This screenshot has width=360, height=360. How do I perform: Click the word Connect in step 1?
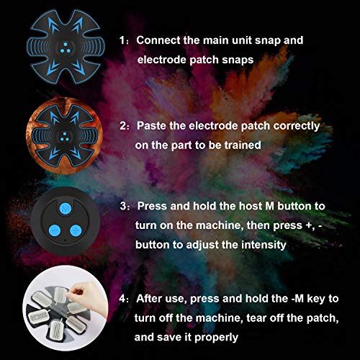[x=158, y=40]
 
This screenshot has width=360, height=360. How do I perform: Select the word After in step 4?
[x=152, y=297]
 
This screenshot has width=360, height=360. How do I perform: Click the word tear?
[x=248, y=317]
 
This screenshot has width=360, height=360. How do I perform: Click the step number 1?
[x=124, y=40]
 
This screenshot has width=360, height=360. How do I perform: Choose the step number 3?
[x=124, y=205]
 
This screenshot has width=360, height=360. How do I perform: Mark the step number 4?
[x=124, y=297]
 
